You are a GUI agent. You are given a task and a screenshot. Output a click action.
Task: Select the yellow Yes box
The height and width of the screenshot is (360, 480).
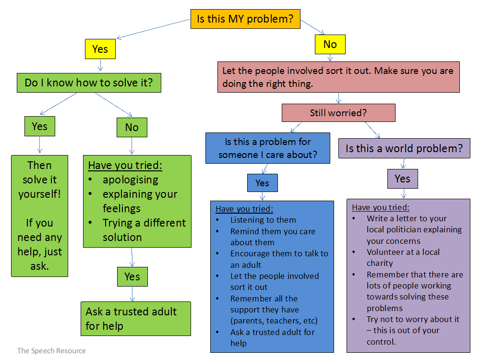pos(100,49)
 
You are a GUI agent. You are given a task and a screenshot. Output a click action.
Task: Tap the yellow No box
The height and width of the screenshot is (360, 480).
pos(330,45)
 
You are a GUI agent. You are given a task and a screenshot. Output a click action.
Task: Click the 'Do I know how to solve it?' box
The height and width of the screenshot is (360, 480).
pos(89,83)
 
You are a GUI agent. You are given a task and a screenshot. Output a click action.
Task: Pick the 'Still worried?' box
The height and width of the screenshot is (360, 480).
pos(338,113)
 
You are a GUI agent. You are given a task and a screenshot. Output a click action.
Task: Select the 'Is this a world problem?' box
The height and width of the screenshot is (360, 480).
pos(404,148)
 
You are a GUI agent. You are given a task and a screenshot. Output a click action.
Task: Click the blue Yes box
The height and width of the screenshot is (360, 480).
pos(262,183)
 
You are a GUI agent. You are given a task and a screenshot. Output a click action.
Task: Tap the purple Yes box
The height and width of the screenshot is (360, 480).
pos(402,179)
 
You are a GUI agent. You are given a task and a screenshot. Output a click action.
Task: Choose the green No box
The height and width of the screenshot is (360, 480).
pos(132,127)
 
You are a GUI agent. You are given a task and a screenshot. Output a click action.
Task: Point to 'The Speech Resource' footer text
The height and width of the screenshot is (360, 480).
pos(51,351)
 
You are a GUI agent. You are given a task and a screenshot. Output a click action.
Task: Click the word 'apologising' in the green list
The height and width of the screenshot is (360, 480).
pos(130,180)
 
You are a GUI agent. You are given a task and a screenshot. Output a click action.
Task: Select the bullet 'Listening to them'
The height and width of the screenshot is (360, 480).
pos(263,220)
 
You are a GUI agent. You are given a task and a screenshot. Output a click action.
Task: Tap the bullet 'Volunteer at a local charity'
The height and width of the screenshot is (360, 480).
pos(403,257)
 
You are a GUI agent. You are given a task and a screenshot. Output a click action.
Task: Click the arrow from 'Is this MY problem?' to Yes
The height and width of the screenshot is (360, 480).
pos(154,29)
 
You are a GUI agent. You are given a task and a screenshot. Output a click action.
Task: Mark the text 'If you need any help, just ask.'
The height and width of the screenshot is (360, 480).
pos(39,244)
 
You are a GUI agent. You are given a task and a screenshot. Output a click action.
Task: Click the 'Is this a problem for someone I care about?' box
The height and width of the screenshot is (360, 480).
pos(268,148)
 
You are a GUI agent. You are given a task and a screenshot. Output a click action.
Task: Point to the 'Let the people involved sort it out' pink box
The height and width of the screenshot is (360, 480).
pos(338,77)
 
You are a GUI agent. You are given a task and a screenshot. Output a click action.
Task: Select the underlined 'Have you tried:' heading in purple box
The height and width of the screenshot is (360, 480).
pos(381,207)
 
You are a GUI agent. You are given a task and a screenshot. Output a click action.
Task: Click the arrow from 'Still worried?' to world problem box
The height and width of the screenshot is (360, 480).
pos(372,130)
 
